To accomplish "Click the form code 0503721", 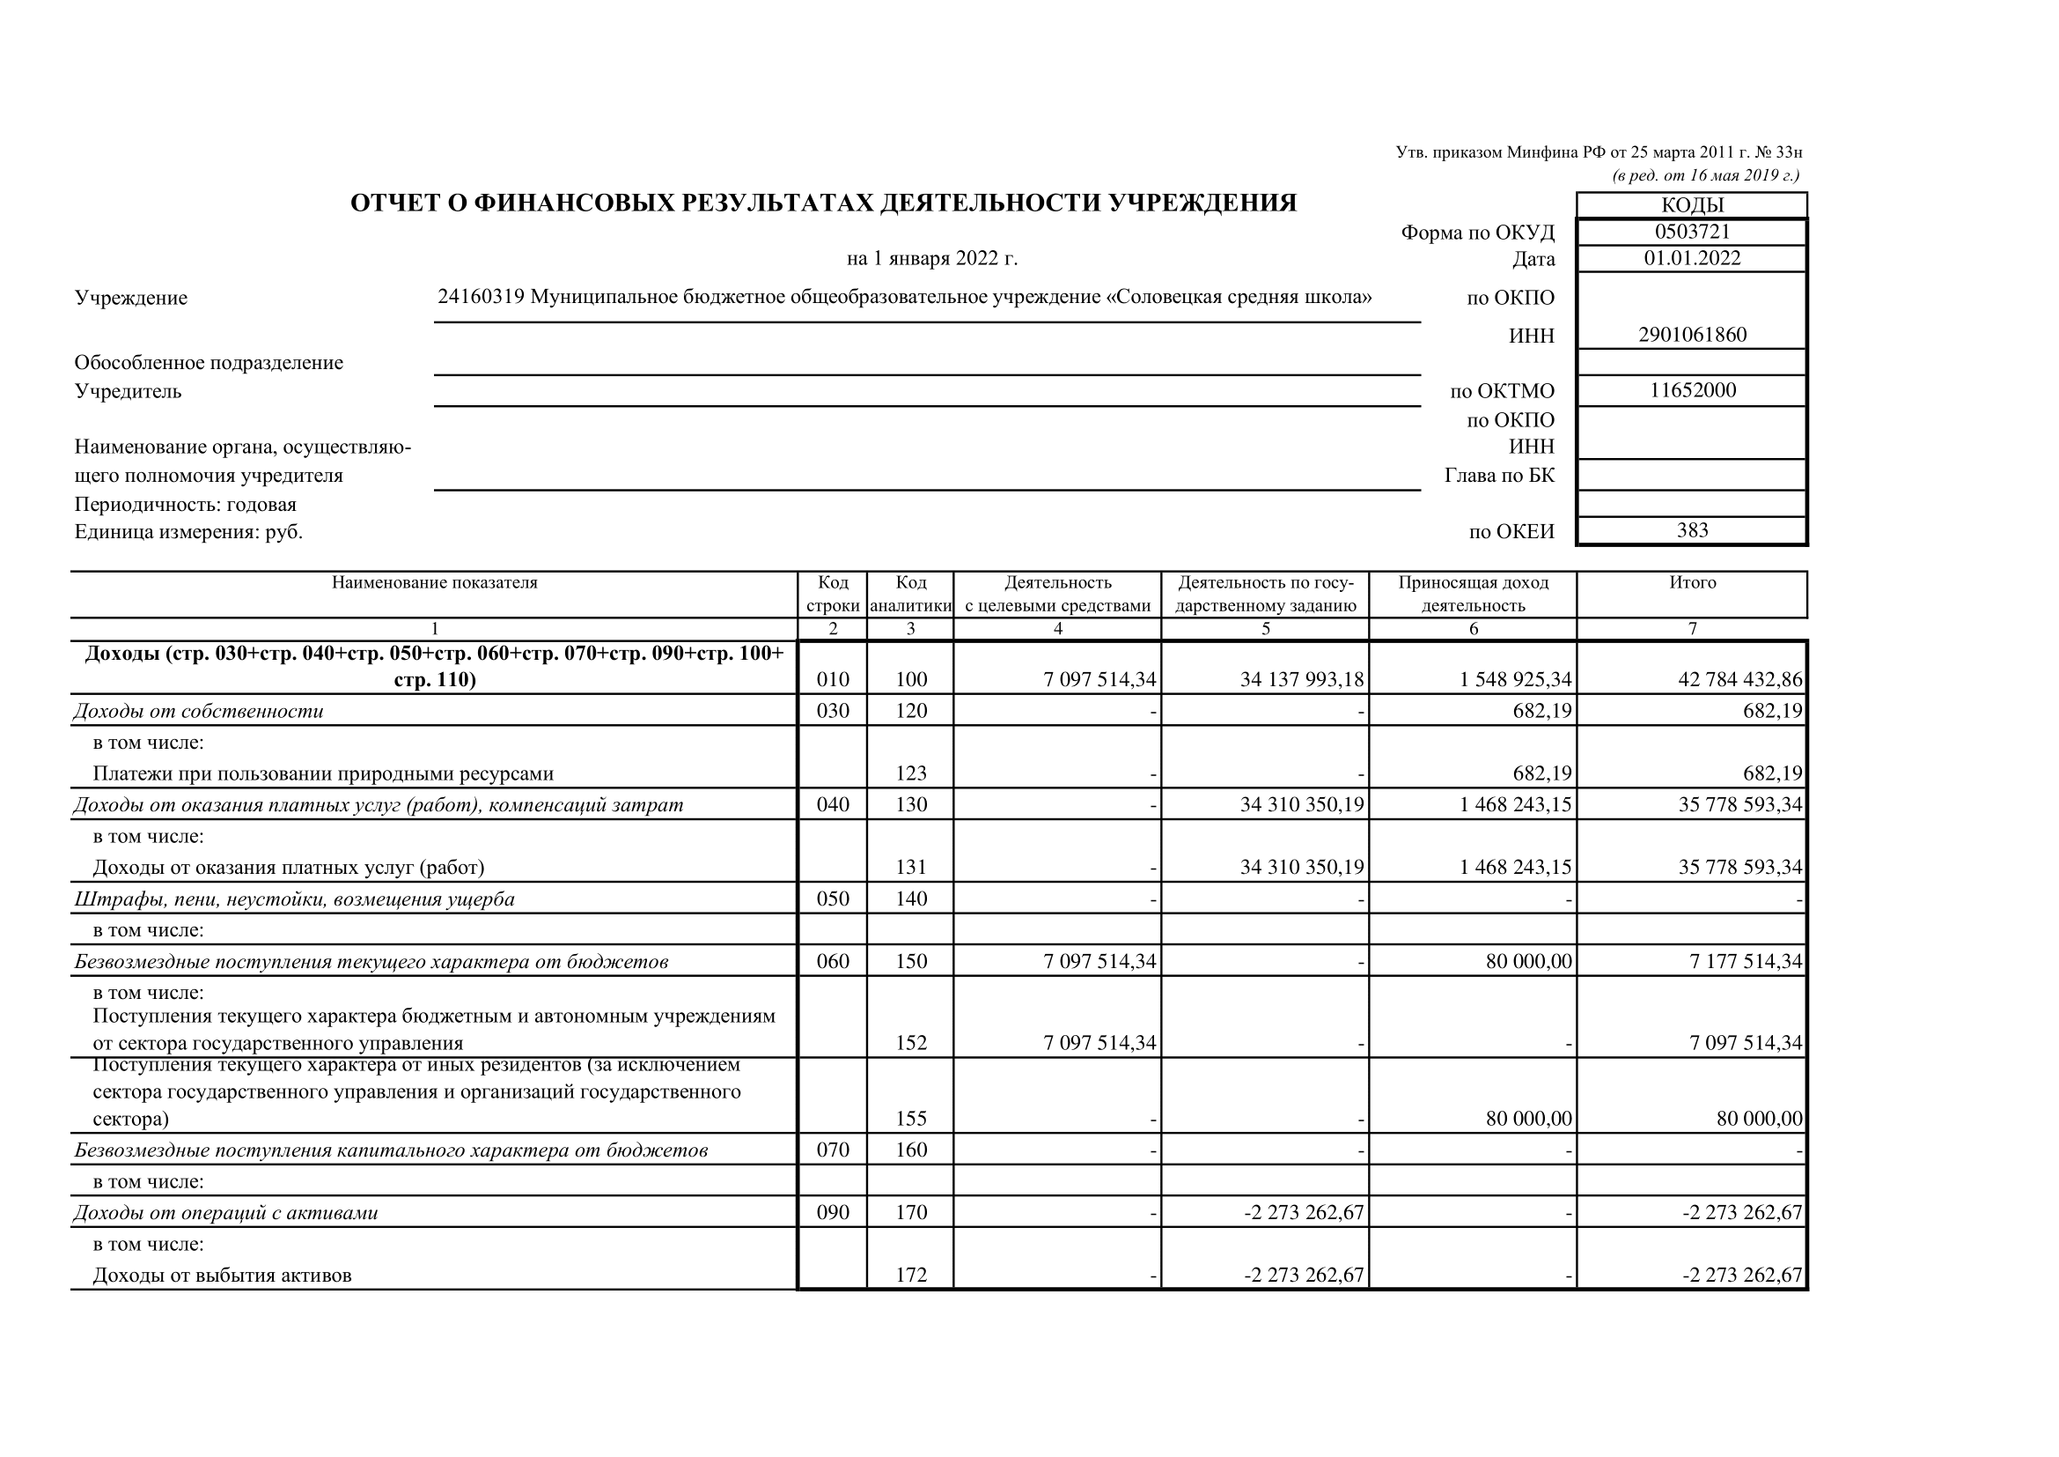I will pos(1691,232).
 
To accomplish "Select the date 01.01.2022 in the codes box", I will pos(1691,258).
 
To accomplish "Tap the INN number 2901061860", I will pos(1691,335).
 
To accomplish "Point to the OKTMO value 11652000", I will pos(1692,390).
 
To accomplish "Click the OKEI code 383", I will pos(1692,530).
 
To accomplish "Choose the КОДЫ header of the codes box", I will pos(1691,204).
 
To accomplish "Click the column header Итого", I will pos(1692,582).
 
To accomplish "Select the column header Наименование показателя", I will pos(434,582).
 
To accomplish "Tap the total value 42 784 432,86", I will pos(1739,679).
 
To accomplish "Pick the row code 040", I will pos(832,805).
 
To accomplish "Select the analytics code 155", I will pos(910,1119).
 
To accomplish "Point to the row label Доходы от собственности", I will pos(198,712).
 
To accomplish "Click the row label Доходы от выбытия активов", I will pos(223,1275).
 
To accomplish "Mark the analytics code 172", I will pos(910,1275).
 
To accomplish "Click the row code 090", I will pos(832,1213).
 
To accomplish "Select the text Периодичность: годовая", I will pos(185,504).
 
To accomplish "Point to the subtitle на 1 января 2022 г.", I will pos(931,259).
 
